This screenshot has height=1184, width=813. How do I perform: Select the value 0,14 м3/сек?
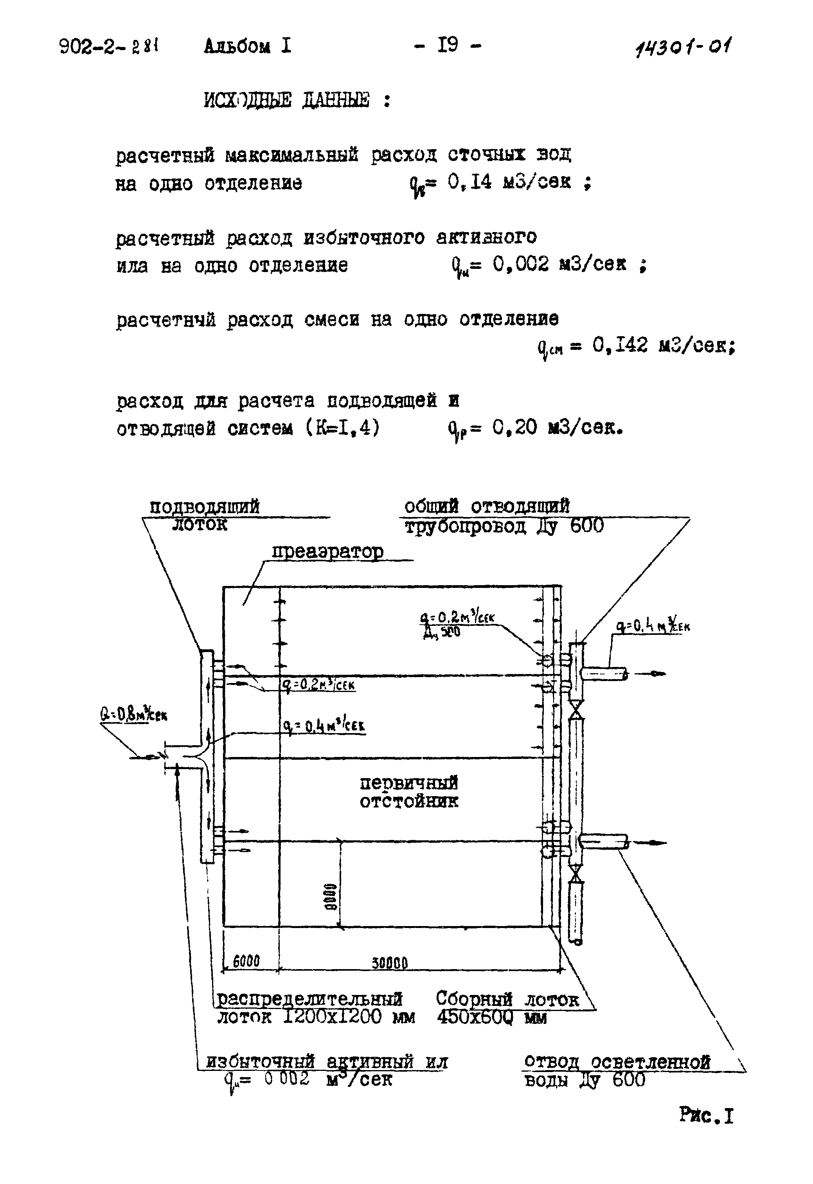(x=509, y=182)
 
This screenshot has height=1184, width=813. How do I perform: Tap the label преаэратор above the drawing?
(x=327, y=552)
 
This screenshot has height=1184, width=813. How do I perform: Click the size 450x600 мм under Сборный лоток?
(x=491, y=1018)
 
